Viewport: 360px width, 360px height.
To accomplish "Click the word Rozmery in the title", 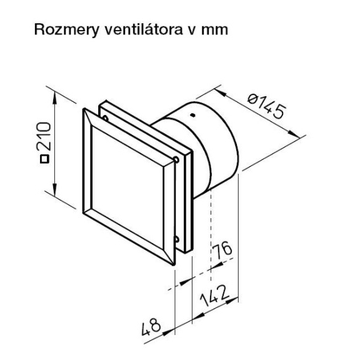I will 60,29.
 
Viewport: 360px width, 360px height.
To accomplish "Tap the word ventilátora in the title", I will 130,29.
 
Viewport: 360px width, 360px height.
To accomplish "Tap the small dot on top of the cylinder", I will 192,116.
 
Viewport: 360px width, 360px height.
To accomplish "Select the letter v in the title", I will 177,29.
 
